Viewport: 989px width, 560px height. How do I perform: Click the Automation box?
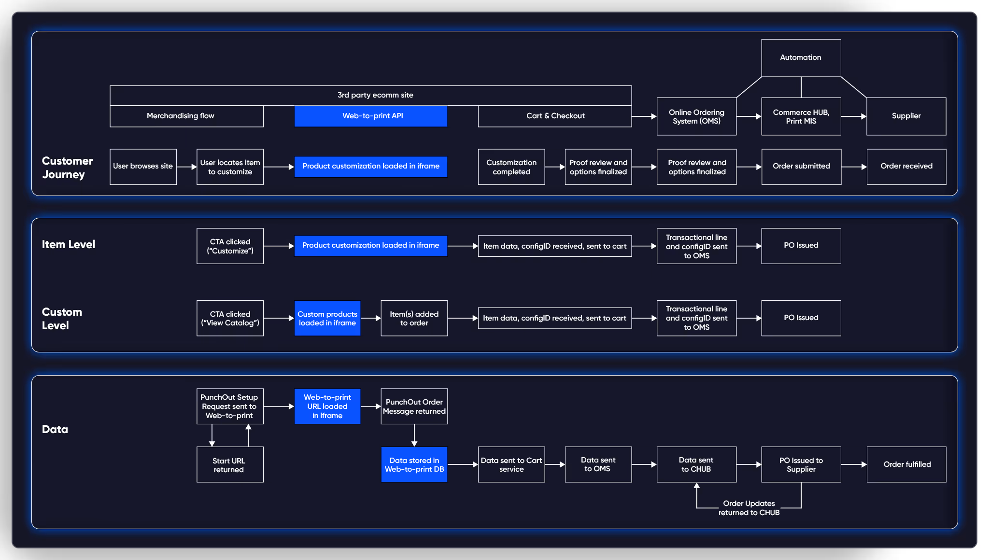[801, 57]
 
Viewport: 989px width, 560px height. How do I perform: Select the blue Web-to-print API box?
[371, 116]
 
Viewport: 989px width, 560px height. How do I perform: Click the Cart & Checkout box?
[555, 116]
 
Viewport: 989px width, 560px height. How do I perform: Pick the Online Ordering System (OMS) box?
[696, 116]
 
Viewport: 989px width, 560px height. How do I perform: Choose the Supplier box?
[906, 116]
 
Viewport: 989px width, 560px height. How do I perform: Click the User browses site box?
[143, 166]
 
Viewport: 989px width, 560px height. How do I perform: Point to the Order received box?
[906, 166]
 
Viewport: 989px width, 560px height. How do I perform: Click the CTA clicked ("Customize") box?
[230, 246]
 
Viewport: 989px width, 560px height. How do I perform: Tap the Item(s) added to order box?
[414, 318]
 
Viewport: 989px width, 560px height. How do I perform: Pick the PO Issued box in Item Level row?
[801, 245]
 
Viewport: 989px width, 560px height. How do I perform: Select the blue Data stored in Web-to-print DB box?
[414, 464]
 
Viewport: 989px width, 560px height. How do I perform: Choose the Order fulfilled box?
[906, 464]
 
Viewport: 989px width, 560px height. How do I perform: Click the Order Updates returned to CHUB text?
[749, 508]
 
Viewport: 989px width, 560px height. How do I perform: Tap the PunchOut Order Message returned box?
[414, 406]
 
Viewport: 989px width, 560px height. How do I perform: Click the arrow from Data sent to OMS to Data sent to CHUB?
[644, 464]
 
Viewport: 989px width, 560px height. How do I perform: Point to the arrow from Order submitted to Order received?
[854, 167]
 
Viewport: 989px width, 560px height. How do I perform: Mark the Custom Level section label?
[62, 319]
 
